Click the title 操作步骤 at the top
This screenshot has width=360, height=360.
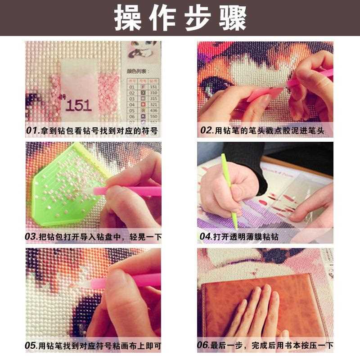point(180,18)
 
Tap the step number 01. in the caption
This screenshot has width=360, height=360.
point(33,131)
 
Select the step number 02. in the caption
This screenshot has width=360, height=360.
point(207,131)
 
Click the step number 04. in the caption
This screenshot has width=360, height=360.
point(206,237)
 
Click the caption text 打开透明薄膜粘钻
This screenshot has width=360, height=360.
point(245,237)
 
